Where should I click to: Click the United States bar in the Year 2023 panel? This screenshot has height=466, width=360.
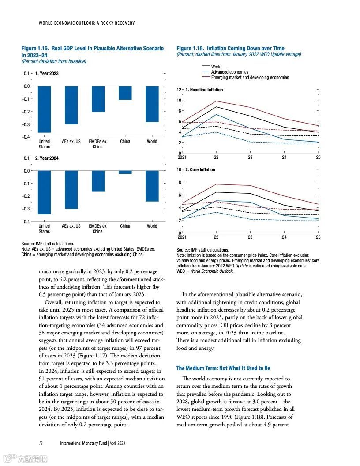[44, 109]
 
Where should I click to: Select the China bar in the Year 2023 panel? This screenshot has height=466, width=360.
[125, 93]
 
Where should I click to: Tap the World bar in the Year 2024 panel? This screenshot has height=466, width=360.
[152, 186]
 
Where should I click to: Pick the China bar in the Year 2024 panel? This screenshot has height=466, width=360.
[125, 172]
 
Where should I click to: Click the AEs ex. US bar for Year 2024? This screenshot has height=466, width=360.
[71, 189]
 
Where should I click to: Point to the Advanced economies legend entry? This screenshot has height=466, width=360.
[229, 72]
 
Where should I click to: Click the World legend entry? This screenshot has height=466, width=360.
[216, 67]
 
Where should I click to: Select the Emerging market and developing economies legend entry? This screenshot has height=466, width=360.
[250, 77]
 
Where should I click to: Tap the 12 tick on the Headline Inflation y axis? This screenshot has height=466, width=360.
[179, 90]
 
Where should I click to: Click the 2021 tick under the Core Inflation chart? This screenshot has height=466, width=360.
[182, 237]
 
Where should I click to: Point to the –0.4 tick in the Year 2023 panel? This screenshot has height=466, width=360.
[27, 137]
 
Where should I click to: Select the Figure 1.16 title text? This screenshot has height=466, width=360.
[230, 48]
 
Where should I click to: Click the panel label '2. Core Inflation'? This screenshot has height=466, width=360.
[200, 169]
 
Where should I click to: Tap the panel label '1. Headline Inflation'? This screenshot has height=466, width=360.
[204, 90]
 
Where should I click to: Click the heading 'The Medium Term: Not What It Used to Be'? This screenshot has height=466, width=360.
[223, 368]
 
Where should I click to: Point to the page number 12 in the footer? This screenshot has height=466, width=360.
[41, 443]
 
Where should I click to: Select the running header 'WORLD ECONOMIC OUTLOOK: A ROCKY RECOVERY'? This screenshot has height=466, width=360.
[87, 23]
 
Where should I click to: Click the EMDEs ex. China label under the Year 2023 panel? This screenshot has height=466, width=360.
[98, 144]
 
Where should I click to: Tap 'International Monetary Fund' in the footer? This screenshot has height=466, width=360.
[83, 443]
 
